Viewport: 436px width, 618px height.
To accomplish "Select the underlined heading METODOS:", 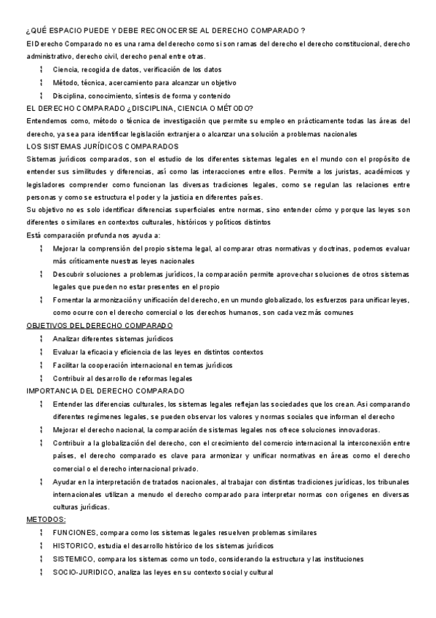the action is (46, 520).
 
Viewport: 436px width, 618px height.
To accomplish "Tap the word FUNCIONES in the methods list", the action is (74, 533).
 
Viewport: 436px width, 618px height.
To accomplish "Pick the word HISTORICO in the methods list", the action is (74, 546).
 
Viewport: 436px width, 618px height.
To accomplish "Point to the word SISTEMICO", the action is (73, 559).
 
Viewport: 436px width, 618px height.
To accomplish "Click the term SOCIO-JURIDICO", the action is (82, 572).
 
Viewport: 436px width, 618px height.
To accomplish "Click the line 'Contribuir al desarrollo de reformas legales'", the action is (122, 378).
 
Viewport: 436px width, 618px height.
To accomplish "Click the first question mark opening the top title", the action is (27, 30).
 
